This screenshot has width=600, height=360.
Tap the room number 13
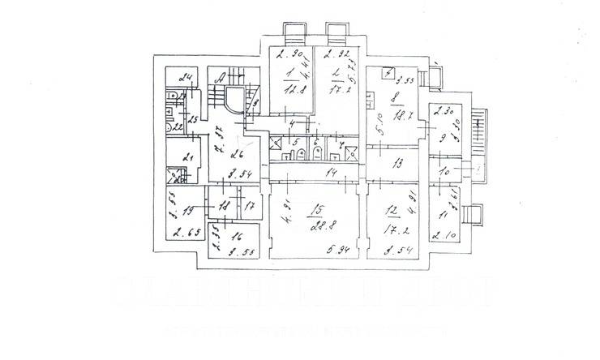[397, 164]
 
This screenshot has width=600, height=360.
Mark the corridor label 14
[330, 173]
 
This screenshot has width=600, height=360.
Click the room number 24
[186, 79]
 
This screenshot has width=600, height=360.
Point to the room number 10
[444, 172]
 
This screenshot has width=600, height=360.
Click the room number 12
[392, 209]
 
